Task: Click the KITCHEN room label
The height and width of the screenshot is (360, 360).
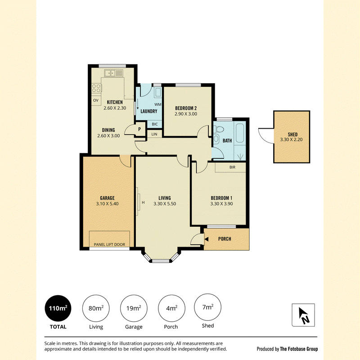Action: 115,102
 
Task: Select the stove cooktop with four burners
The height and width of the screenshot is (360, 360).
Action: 97,88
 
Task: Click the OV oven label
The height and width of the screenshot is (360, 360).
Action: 96,100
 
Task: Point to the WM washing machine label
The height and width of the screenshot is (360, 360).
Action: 158,104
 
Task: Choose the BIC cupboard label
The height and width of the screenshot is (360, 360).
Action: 155,124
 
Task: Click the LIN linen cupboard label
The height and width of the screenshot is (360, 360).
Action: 154,134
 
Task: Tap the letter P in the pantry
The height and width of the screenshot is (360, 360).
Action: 139,130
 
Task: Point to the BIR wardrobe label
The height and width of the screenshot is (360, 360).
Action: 232,167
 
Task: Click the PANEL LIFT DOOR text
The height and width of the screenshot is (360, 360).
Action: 109,244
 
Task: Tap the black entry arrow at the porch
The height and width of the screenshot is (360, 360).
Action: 207,239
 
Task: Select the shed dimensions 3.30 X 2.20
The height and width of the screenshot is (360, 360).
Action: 291,139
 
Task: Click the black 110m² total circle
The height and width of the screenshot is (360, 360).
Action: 58,308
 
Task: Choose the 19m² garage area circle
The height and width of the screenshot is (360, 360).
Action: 134,308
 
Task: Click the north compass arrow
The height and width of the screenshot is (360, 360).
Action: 303,313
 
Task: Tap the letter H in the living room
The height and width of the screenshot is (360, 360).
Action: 143,202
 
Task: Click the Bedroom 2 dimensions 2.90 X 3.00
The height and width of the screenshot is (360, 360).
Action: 186,114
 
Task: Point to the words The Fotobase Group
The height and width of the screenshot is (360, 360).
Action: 299,349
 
